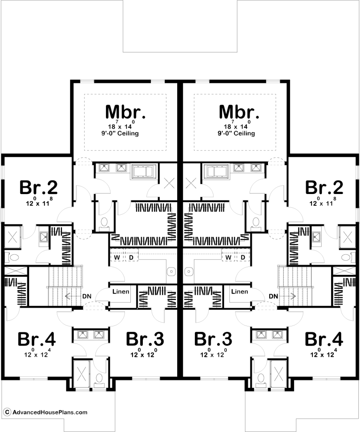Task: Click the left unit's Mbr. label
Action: [x=125, y=112]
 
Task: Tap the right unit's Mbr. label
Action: [x=239, y=112]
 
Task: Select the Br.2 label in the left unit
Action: [x=38, y=187]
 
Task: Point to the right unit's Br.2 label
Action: [x=324, y=187]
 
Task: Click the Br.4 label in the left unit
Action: [x=37, y=339]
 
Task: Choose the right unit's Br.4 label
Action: [x=324, y=339]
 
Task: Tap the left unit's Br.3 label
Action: [x=145, y=339]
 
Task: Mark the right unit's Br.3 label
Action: [x=213, y=339]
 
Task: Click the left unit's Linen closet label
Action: [x=121, y=292]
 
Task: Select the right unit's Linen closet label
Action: [x=240, y=292]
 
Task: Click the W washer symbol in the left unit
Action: [x=117, y=257]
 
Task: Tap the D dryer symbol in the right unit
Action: [x=243, y=257]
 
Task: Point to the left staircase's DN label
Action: [x=87, y=296]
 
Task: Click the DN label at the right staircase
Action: [x=274, y=296]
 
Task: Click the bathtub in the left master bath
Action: [x=144, y=172]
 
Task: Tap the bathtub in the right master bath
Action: [x=216, y=172]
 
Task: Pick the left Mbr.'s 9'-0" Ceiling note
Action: [x=123, y=134]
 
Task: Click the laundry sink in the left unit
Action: [x=171, y=272]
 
